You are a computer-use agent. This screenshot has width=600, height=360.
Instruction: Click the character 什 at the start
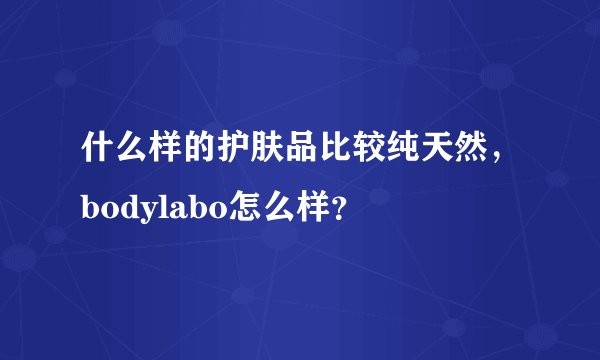97,152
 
